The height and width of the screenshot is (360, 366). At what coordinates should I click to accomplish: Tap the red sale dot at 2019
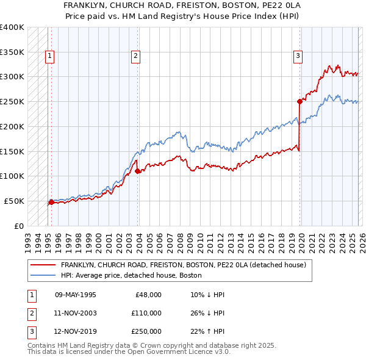[x=300, y=101]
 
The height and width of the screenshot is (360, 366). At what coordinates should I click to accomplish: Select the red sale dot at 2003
[x=138, y=171]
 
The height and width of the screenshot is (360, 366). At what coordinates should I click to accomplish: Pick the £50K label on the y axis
[x=14, y=201]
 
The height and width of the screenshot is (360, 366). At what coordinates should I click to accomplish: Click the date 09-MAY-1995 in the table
[x=76, y=295]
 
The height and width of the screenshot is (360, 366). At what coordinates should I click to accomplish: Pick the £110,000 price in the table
[x=146, y=313]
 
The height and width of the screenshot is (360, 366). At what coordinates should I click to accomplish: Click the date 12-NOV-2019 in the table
[x=76, y=331]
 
